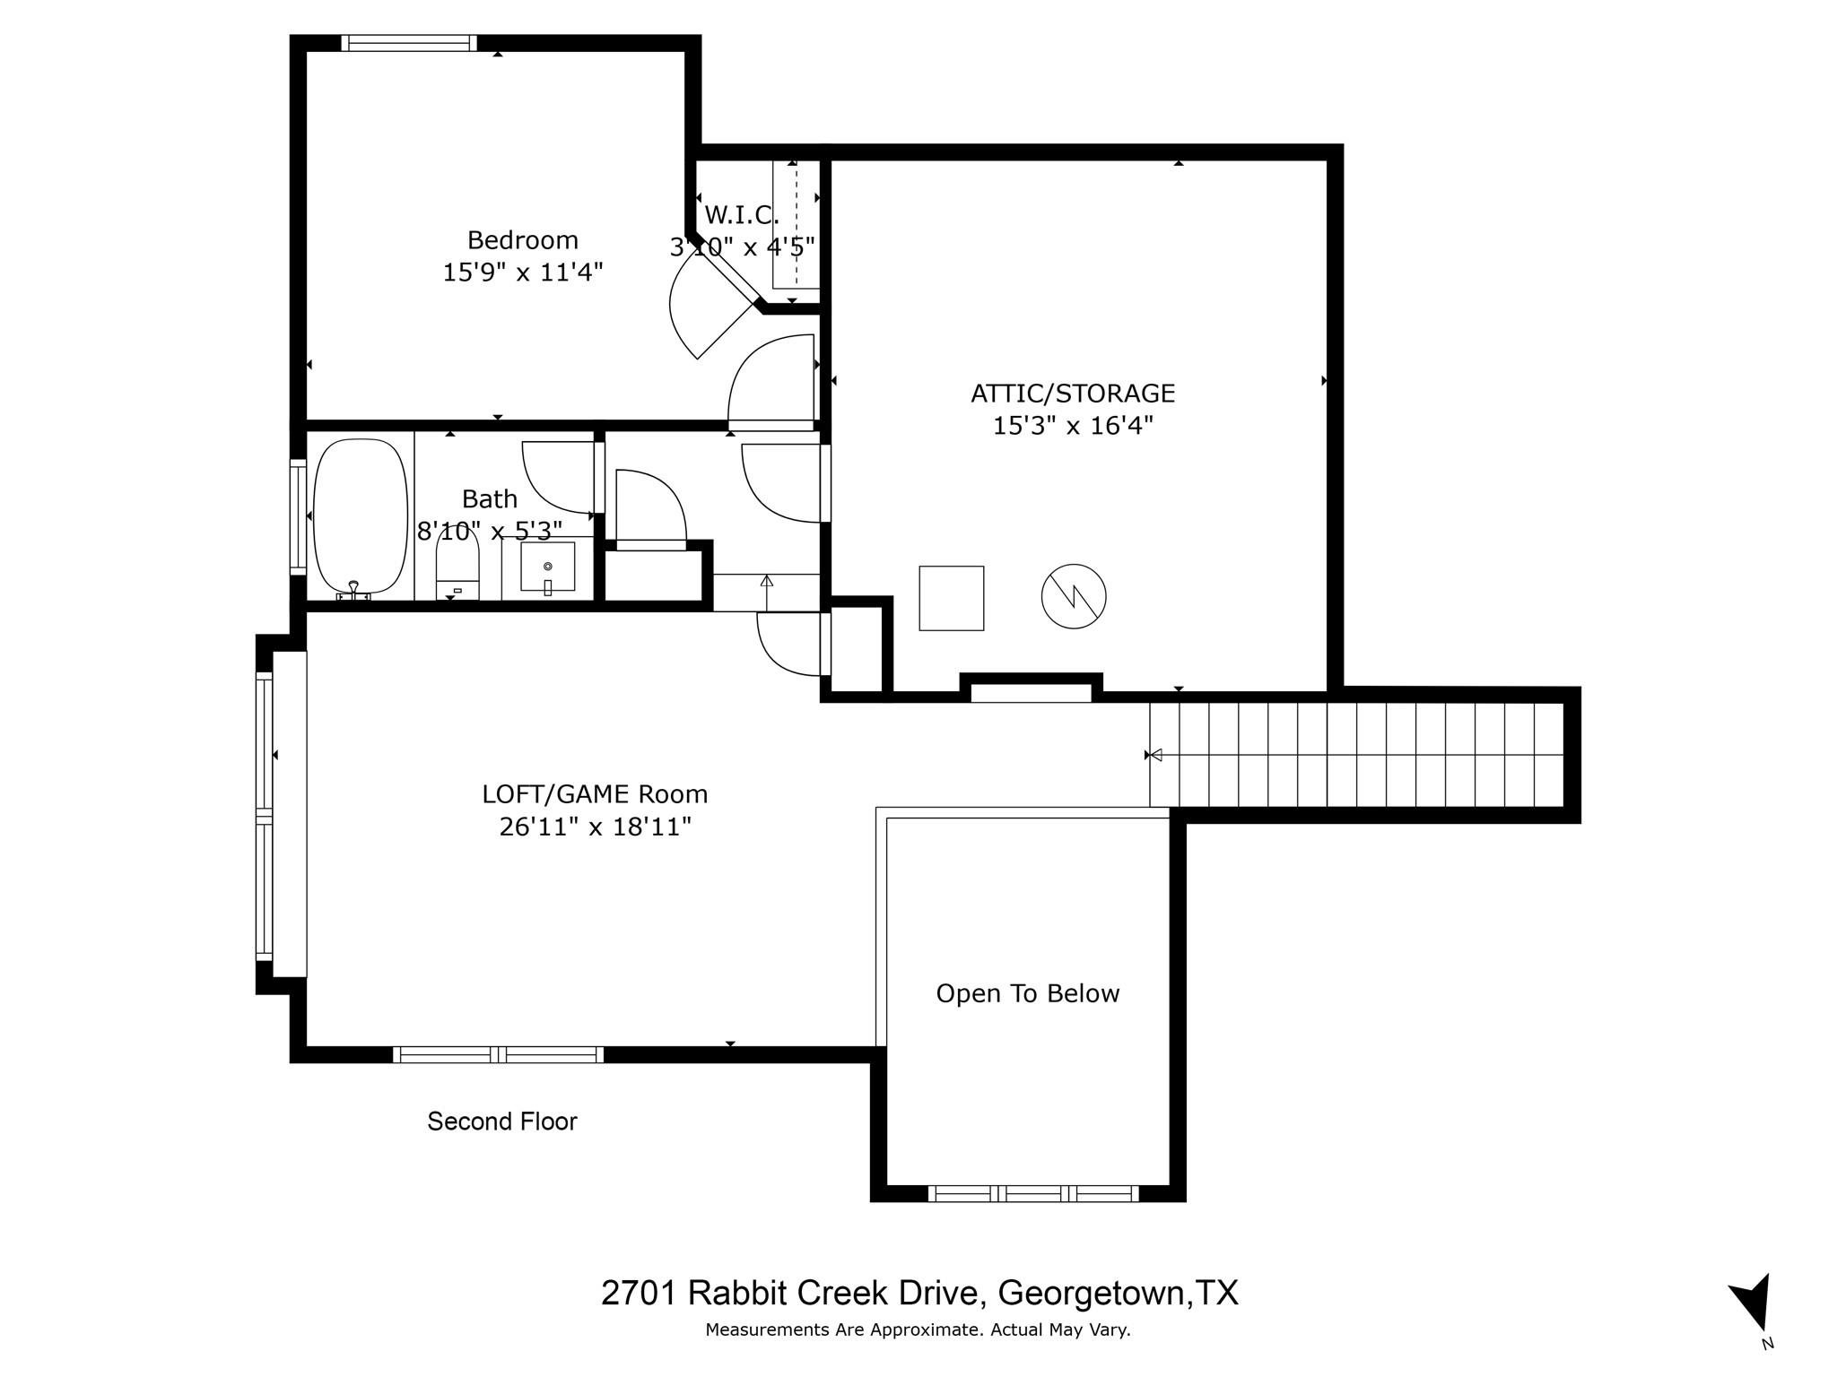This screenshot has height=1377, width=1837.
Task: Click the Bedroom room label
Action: (522, 240)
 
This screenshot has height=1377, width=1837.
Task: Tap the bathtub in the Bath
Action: (360, 516)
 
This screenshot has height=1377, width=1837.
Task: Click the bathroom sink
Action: (547, 567)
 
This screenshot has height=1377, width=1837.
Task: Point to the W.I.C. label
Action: (741, 215)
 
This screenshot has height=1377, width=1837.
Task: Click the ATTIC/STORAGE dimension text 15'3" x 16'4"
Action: (1072, 425)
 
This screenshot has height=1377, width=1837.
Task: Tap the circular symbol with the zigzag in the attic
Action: (1073, 596)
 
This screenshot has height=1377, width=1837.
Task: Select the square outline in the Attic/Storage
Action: (951, 598)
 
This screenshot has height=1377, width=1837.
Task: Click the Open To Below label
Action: (1027, 993)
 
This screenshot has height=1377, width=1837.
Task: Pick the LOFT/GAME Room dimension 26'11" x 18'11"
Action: (595, 826)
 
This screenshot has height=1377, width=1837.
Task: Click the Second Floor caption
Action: (501, 1122)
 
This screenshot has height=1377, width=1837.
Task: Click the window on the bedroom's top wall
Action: (409, 43)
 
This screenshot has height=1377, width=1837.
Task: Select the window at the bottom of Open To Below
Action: (1032, 1193)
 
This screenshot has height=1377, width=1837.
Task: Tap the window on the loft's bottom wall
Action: (498, 1054)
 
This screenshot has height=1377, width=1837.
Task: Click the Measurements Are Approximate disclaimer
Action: (917, 1329)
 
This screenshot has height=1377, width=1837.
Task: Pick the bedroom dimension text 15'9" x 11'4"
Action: (522, 272)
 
